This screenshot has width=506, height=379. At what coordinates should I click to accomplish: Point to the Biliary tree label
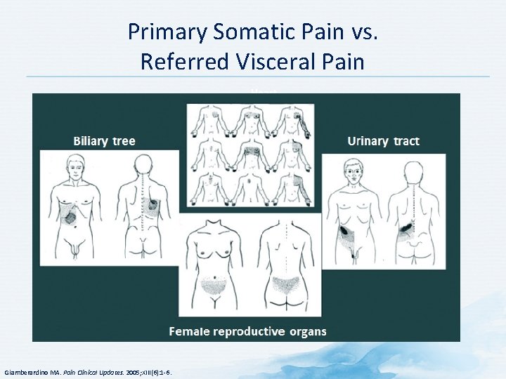[104, 141]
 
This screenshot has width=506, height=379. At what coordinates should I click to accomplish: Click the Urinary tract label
[383, 141]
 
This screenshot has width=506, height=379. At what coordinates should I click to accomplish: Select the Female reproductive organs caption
[247, 331]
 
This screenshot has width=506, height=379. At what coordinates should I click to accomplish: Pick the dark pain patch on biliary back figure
[153, 206]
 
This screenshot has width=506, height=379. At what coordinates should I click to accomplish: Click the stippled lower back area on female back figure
[281, 284]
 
